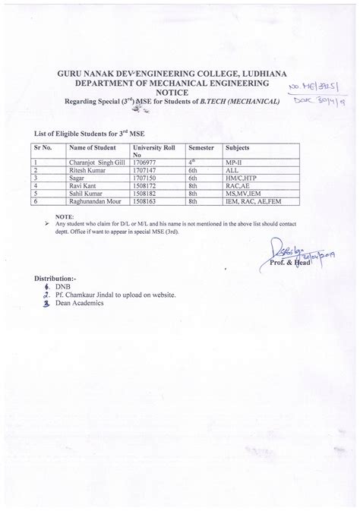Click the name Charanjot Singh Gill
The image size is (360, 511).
point(96,162)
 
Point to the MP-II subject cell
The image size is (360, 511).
point(214,162)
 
